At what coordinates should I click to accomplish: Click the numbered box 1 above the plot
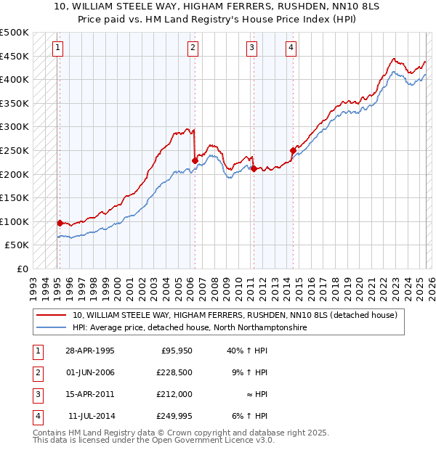point(57,49)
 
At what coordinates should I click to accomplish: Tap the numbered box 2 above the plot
point(193,49)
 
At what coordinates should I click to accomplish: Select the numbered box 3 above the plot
point(251,49)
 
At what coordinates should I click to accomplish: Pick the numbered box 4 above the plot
point(291,49)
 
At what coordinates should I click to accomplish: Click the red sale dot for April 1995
point(60,223)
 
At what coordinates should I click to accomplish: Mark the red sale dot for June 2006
point(194,160)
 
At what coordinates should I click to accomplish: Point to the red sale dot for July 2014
point(293,150)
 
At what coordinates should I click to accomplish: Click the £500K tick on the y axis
point(15,33)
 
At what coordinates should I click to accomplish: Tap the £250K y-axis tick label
point(15,150)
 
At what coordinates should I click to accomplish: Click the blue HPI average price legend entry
point(190,328)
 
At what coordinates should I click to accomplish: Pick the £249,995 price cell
point(174,417)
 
